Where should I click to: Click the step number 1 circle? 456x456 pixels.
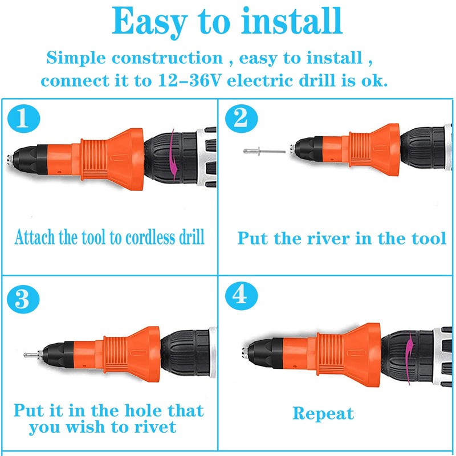(x=24, y=119)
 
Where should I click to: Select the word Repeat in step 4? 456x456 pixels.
(x=323, y=413)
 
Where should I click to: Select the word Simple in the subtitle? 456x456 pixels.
(x=78, y=58)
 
